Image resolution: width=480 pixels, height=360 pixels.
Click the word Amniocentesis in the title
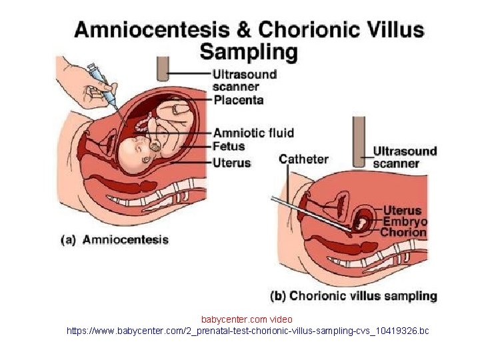click(151, 30)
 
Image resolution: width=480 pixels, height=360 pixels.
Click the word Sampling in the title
click(249, 51)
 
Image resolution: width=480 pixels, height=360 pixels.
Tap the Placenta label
click(239, 100)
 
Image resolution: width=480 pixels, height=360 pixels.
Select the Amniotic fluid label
click(253, 133)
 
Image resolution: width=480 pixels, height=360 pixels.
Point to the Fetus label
click(229, 147)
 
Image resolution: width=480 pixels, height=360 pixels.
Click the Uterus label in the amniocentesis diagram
click(232, 162)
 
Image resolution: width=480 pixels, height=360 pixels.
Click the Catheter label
click(303, 159)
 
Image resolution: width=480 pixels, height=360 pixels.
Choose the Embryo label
click(403, 221)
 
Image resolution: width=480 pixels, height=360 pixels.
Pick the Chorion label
click(403, 233)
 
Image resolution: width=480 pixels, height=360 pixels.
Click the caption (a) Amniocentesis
click(115, 240)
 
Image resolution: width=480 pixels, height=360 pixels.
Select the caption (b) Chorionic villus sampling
click(353, 295)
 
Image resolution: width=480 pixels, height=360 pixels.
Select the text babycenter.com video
click(247, 319)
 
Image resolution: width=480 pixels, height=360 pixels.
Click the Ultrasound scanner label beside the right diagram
click(405, 157)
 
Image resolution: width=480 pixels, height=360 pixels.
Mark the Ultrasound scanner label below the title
click(244, 80)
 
